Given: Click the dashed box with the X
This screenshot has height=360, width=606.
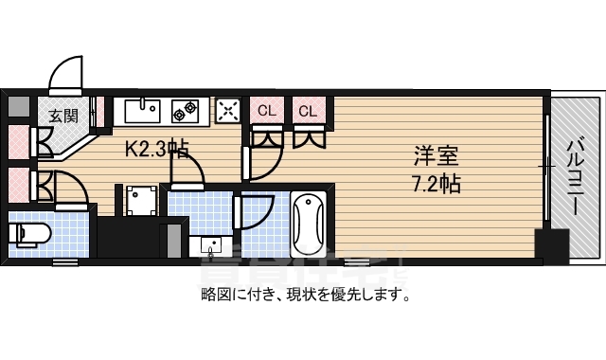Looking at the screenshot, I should (228, 111).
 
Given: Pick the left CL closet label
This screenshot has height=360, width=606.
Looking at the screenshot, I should (266, 111).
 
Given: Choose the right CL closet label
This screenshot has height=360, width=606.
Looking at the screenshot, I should (308, 111).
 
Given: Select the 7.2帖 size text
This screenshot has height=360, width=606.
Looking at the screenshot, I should (436, 183).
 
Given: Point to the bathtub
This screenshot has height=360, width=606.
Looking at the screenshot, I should (309, 225).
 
